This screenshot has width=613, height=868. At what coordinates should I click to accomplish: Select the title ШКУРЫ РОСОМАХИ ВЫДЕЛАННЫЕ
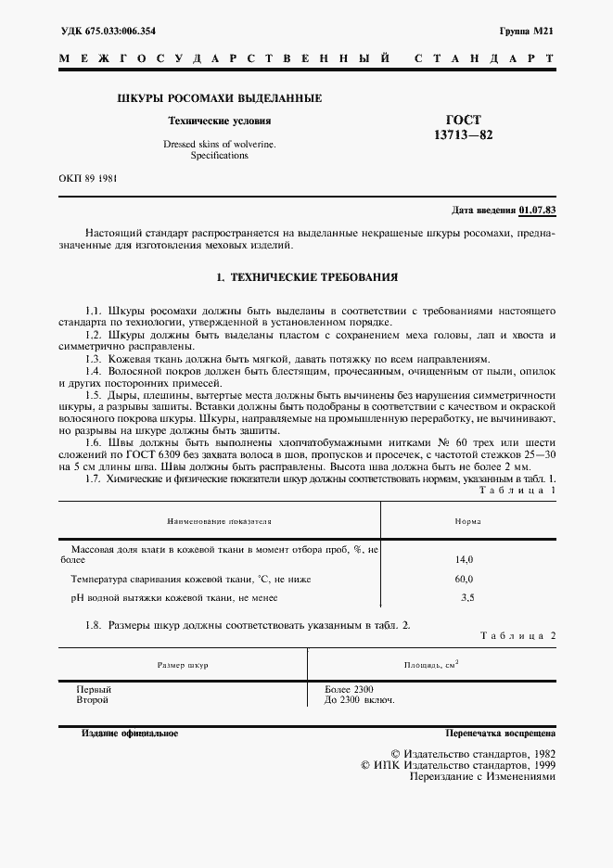[219, 97]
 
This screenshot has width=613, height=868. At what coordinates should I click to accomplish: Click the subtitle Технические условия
[219, 121]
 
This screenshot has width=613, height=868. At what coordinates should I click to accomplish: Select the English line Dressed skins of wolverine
[220, 145]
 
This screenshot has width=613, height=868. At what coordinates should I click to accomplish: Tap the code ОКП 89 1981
[88, 176]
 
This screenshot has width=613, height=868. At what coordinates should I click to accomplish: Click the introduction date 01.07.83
[537, 210]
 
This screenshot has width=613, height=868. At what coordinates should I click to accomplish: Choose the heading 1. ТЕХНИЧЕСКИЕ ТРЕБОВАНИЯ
[306, 276]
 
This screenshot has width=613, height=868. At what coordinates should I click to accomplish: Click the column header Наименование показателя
[219, 521]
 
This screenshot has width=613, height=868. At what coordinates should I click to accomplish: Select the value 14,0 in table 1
[465, 560]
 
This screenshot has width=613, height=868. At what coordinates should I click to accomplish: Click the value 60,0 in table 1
[465, 579]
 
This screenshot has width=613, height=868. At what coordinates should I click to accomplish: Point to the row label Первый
[94, 690]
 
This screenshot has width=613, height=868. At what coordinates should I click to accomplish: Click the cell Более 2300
[350, 690]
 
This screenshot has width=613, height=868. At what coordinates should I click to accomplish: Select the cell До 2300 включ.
[359, 700]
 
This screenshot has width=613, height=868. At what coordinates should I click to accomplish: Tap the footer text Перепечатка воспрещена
[500, 734]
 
